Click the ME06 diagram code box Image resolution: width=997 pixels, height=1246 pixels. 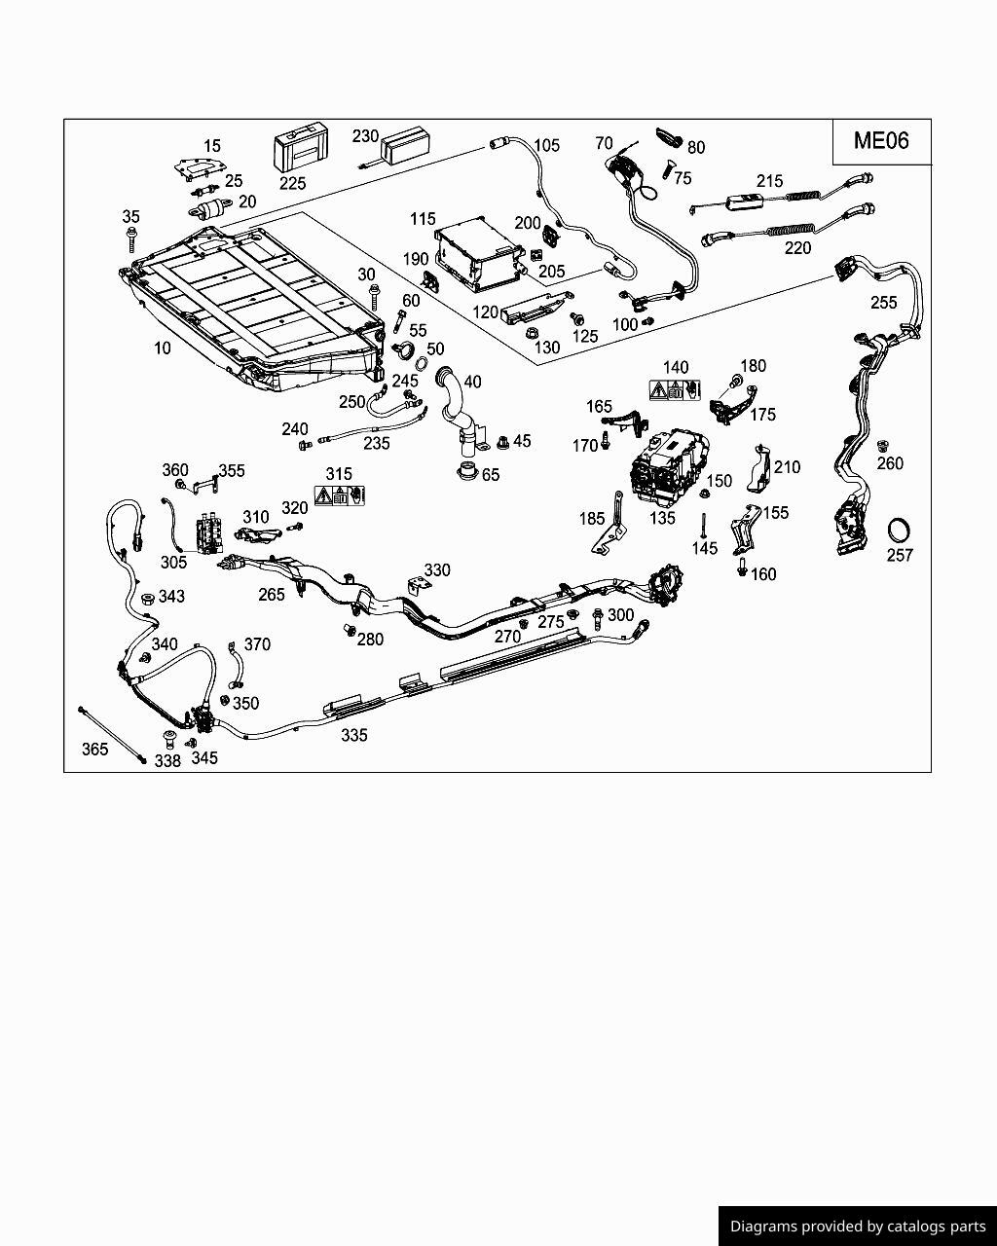tap(881, 140)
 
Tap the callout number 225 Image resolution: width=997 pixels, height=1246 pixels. tap(292, 183)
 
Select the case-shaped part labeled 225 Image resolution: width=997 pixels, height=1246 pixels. tap(300, 149)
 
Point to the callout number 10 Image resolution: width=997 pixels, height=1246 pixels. tap(162, 348)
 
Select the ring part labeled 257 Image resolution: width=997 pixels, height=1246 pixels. tap(900, 531)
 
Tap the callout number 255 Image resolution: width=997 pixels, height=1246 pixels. tap(883, 303)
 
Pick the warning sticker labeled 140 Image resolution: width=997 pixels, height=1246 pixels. tap(675, 390)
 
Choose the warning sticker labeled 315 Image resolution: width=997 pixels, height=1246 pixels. tap(339, 495)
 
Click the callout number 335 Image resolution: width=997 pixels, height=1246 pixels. tap(354, 736)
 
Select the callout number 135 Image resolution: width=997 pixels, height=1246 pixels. tap(662, 518)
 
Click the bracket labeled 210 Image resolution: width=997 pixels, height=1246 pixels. tap(758, 468)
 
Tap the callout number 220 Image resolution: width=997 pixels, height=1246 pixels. tap(797, 248)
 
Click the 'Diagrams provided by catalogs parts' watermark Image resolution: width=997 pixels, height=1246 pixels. tap(857, 1227)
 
